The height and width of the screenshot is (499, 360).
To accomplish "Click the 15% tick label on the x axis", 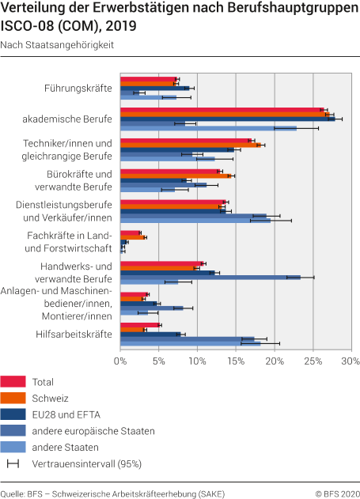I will coord(236,361).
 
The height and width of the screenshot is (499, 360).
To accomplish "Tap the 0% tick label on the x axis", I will coord(120,361).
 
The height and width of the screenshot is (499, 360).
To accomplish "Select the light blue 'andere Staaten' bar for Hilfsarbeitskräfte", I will coord(190,343).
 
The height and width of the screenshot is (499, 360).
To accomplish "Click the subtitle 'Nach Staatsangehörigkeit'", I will coord(57,45).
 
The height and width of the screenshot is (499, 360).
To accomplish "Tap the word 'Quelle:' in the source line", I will coord(13,492).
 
